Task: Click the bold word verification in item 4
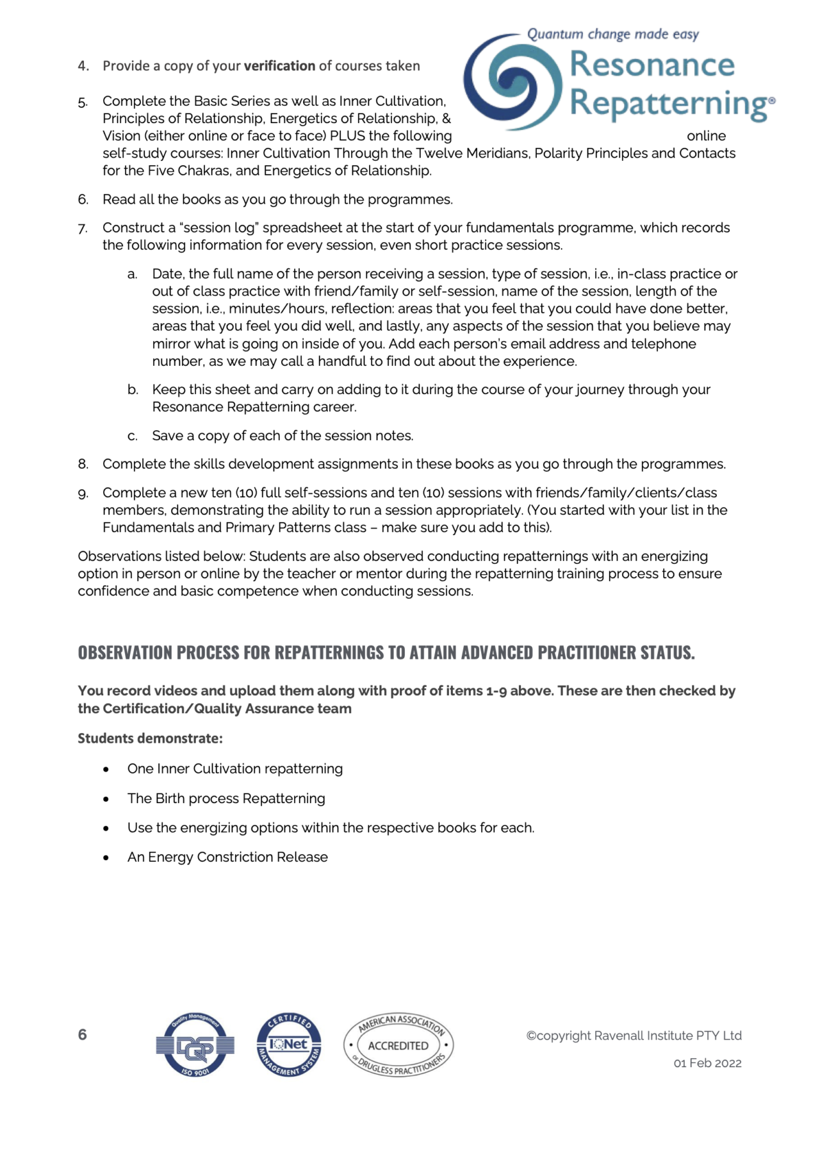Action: (x=279, y=66)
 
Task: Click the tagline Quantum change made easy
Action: (x=612, y=35)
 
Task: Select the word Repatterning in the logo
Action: (x=669, y=104)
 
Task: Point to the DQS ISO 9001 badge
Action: (x=195, y=1045)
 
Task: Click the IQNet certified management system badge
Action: (x=289, y=1045)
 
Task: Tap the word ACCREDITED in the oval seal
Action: (x=398, y=1046)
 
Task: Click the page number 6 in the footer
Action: (x=83, y=1034)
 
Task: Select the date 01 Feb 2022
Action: (x=707, y=1063)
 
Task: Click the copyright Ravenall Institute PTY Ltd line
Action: (x=634, y=1036)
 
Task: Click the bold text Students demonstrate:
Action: (x=150, y=738)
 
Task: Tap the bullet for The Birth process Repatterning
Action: (x=106, y=799)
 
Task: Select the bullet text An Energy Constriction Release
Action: (x=227, y=858)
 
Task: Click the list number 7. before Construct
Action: (x=83, y=228)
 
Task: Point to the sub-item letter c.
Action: (x=133, y=436)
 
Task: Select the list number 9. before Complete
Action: (x=83, y=493)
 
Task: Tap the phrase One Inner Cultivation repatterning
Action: (x=234, y=769)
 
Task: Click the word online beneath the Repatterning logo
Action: (x=706, y=136)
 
